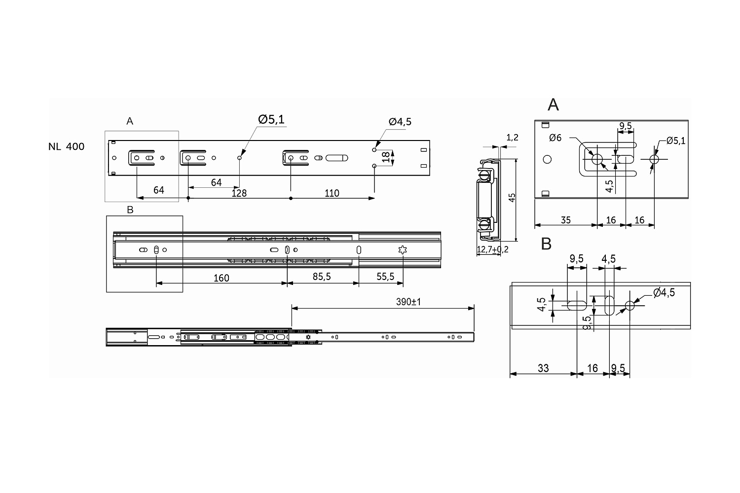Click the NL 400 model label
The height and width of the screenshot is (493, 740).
point(66,146)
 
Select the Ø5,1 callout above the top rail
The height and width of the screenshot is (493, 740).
point(271,119)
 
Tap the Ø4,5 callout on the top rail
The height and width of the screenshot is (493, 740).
point(400,122)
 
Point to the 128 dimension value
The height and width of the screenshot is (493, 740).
point(239,193)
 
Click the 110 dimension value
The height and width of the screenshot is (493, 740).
point(332,193)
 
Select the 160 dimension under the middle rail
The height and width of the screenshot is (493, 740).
point(221,278)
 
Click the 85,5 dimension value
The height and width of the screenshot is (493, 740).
point(321,277)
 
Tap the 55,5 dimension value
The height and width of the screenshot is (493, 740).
point(385,277)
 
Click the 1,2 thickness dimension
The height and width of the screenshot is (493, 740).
point(512,138)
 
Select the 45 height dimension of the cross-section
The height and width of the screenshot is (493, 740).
point(512,197)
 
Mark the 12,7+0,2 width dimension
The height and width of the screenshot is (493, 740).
point(492,250)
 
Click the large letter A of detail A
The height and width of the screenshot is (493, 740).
point(553,105)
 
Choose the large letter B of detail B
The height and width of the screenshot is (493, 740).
point(546,244)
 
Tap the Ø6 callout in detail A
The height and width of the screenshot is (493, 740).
point(555,138)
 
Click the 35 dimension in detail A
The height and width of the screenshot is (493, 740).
point(565,220)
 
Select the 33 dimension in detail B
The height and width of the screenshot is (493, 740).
point(543,368)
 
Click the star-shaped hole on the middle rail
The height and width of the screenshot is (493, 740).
point(403,250)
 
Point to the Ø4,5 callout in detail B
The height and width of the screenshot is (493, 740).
point(664,292)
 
